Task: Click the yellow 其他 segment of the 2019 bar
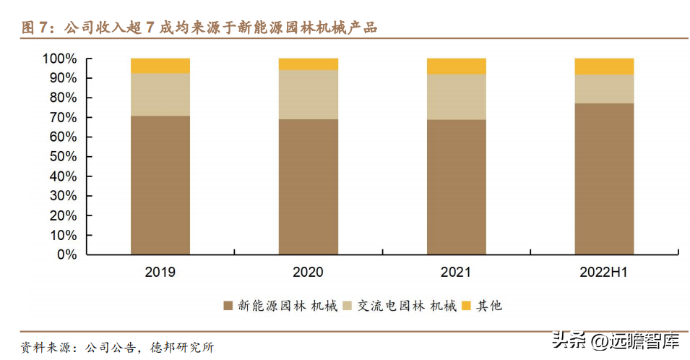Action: (x=160, y=66)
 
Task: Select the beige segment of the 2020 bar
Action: (x=308, y=95)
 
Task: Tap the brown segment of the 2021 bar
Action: (x=456, y=187)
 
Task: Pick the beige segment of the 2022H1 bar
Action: (x=604, y=89)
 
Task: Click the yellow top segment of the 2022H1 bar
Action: (x=604, y=67)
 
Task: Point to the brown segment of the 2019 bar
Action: (x=160, y=185)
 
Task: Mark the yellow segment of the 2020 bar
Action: (x=308, y=64)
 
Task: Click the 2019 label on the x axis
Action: (x=160, y=273)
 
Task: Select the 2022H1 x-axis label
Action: (x=604, y=273)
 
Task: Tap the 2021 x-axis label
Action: (x=456, y=273)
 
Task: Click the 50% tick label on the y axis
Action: (x=63, y=157)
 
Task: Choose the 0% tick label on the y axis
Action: (x=66, y=255)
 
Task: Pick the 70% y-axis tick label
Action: (x=63, y=117)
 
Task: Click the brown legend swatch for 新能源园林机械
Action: (x=228, y=306)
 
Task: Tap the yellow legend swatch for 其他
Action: (x=467, y=306)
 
